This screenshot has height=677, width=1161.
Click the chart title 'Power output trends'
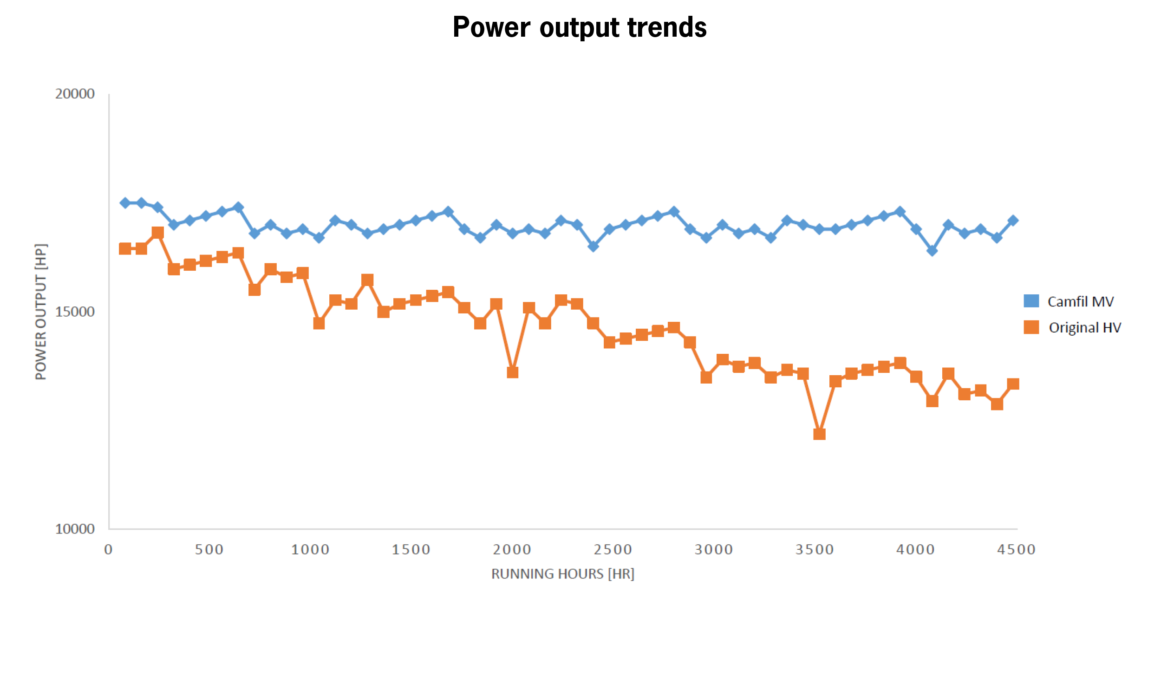pos(580,27)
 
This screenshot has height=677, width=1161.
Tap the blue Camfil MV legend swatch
pos(1031,301)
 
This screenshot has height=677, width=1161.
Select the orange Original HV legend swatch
pos(1031,327)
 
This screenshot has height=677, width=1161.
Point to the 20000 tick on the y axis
pos(75,94)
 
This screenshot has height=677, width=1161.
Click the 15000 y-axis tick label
pos(75,311)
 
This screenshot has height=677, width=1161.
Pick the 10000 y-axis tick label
pos(75,528)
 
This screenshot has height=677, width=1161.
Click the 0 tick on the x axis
pos(108,550)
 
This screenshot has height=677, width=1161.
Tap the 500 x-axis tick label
pos(209,550)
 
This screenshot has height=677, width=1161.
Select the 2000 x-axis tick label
pos(512,550)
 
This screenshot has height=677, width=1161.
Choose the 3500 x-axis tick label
pos(815,550)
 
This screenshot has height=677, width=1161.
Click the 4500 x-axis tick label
pos(1016,550)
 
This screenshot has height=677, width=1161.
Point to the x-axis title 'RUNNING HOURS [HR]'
pos(562,574)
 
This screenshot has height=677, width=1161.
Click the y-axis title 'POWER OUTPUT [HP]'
pos(41,312)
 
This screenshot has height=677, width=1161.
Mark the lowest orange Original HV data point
pos(819,434)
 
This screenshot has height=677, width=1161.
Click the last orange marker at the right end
pos(1013,384)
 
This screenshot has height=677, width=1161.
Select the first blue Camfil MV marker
pos(125,203)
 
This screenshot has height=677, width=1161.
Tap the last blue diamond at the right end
pos(1013,221)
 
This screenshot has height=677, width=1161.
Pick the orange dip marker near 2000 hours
pos(512,372)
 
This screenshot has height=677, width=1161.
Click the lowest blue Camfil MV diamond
pos(932,251)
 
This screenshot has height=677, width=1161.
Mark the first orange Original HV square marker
pos(125,248)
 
